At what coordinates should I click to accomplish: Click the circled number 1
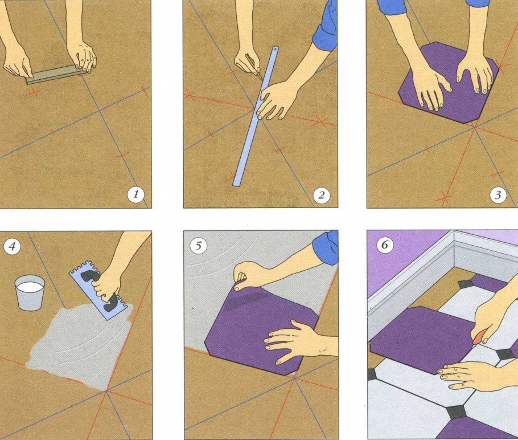click(x=136, y=194)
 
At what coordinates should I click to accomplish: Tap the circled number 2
click(x=321, y=195)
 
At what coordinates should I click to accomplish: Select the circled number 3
click(x=498, y=195)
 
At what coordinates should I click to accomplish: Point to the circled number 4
click(x=12, y=246)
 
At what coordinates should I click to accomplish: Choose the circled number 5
click(x=198, y=246)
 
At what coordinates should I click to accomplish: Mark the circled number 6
click(x=384, y=245)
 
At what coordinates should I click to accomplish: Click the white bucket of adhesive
click(x=30, y=293)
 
